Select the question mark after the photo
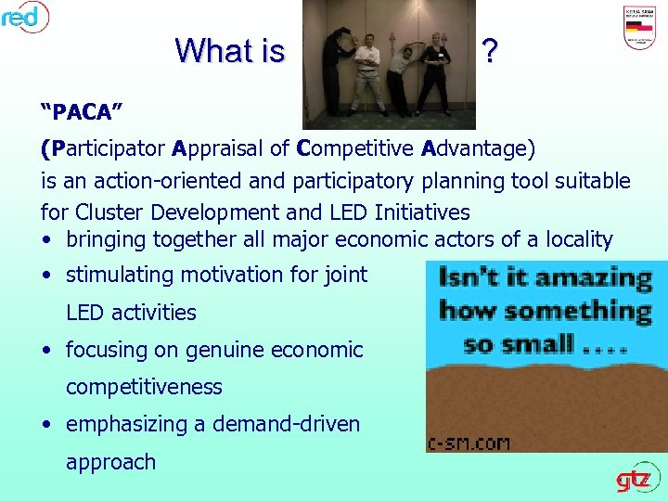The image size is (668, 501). pyautogui.click(x=489, y=52)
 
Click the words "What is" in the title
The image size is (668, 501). pyautogui.click(x=229, y=51)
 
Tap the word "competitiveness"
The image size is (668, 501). pyautogui.click(x=144, y=387)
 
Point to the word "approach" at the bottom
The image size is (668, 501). pyautogui.click(x=110, y=462)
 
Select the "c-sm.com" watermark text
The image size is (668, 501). pyautogui.click(x=469, y=443)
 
